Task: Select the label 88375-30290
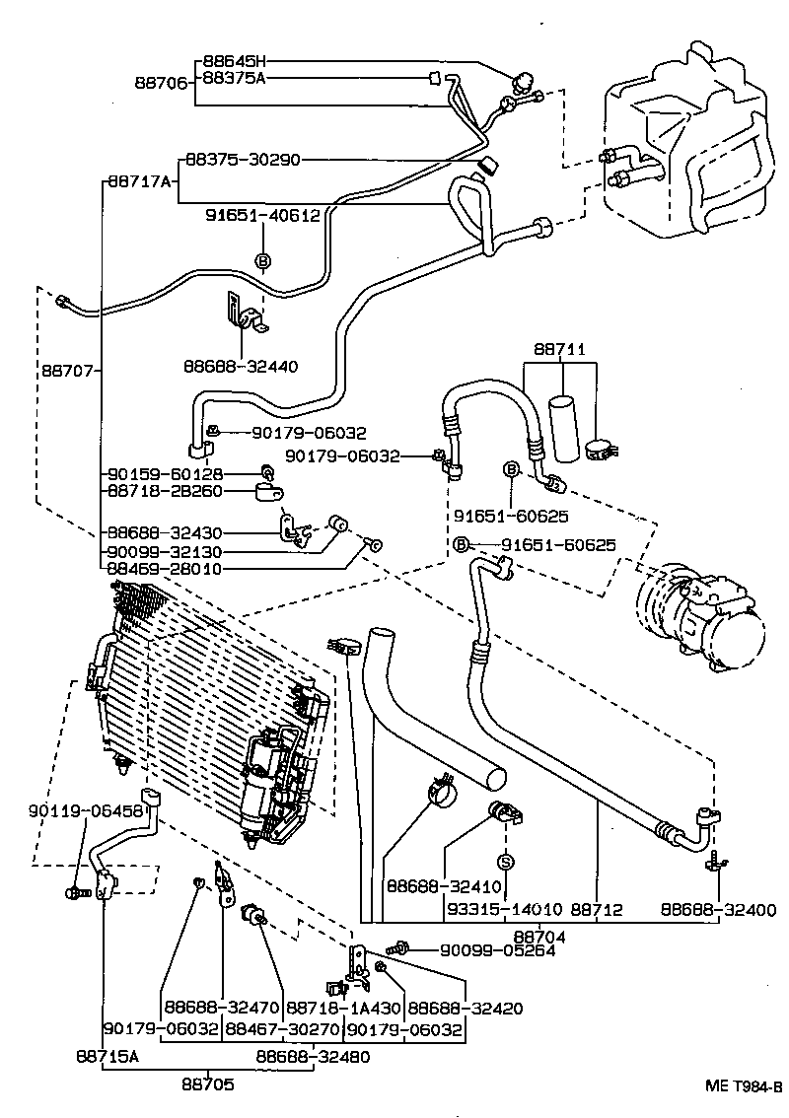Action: click(x=243, y=160)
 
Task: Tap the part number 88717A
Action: click(x=139, y=181)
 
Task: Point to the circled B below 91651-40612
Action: click(x=263, y=261)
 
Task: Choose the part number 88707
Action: click(x=69, y=372)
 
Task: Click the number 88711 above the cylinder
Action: click(x=560, y=349)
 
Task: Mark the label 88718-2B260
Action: click(x=165, y=490)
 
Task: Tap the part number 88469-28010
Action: click(x=165, y=569)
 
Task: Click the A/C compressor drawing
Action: click(x=697, y=618)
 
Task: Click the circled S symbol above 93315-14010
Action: click(x=505, y=862)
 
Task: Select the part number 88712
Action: click(x=597, y=909)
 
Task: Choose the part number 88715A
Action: click(x=108, y=1056)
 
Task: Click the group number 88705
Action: click(x=207, y=1084)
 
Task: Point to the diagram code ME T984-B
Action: click(x=743, y=1086)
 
